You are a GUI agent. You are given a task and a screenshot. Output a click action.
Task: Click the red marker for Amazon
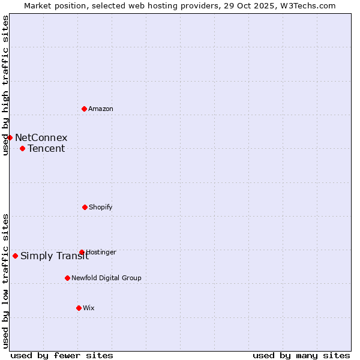[85, 109]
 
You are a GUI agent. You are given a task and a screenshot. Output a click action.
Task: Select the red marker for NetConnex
[10, 137]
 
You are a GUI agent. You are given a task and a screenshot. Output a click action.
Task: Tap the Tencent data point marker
[22, 148]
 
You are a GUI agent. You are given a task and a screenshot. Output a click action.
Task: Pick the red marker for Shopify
[85, 207]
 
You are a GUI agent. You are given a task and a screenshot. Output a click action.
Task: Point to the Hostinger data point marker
[82, 252]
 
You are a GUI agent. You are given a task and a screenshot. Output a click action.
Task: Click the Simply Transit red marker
[15, 256]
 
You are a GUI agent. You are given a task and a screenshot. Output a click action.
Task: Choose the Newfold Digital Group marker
[67, 278]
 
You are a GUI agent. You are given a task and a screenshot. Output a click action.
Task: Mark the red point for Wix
[79, 308]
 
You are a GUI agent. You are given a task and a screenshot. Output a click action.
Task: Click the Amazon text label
[101, 109]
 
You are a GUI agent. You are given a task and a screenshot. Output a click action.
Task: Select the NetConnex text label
[41, 137]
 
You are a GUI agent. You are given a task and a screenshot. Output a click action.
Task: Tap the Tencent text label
[46, 148]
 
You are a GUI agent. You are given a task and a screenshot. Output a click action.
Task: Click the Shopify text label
[101, 207]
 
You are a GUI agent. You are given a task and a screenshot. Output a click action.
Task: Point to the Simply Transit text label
[55, 256]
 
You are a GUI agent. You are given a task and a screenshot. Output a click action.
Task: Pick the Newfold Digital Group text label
[107, 278]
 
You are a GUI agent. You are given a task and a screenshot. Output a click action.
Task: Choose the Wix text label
[89, 308]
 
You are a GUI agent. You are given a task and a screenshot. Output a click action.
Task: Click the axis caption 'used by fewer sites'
[62, 355]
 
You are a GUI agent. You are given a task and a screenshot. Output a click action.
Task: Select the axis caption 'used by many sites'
[301, 355]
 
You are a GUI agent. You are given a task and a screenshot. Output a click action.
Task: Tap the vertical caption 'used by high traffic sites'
[5, 85]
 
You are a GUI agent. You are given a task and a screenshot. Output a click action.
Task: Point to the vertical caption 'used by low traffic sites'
[5, 281]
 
